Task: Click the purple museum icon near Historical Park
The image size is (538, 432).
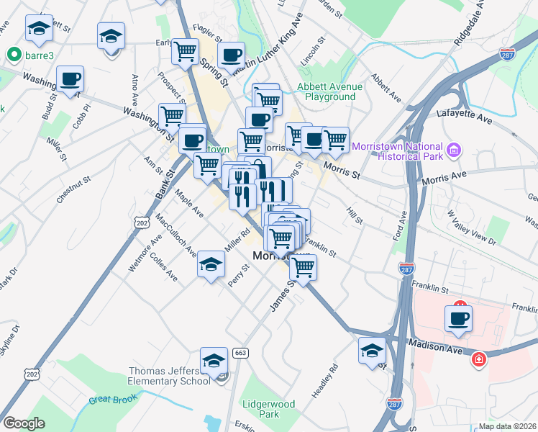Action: point(454,150)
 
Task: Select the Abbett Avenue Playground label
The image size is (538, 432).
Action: point(330,91)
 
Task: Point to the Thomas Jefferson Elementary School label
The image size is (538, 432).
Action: point(170,376)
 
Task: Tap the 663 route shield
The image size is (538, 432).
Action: point(240,353)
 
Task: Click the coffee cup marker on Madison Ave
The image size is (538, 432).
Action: point(458,317)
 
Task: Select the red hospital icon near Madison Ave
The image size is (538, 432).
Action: point(478,359)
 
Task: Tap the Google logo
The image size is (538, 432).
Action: point(24,423)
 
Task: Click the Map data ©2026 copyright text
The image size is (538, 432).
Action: point(507,426)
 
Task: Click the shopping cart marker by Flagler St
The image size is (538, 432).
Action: point(185,51)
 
